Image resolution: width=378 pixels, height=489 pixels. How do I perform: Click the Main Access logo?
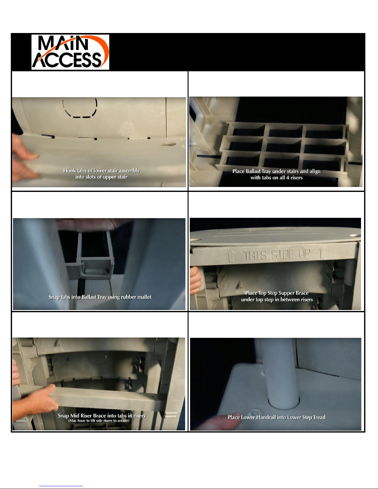click(x=70, y=52)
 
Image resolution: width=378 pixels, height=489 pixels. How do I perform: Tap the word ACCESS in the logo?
click(x=67, y=60)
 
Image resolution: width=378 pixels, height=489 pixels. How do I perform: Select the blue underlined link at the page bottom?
click(x=61, y=486)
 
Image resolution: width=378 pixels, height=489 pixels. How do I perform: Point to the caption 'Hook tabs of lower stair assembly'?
click(x=102, y=171)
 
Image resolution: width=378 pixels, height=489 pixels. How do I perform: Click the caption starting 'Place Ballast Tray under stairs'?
click(x=276, y=174)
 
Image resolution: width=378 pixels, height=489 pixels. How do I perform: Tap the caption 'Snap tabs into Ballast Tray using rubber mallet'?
click(x=100, y=297)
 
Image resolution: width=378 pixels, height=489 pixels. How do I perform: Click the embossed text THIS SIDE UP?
click(x=276, y=255)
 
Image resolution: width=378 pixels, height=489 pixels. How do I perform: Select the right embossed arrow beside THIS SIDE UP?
click(x=322, y=252)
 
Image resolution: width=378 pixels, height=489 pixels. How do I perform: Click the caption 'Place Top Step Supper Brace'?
click(x=277, y=293)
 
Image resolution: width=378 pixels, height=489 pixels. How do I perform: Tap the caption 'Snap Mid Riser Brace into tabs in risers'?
click(x=102, y=416)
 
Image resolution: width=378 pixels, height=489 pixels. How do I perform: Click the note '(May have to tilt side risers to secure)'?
click(x=99, y=421)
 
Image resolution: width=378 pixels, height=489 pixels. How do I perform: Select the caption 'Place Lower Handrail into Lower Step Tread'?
click(x=276, y=417)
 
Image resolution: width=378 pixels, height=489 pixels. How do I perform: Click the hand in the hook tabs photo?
click(x=24, y=158)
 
